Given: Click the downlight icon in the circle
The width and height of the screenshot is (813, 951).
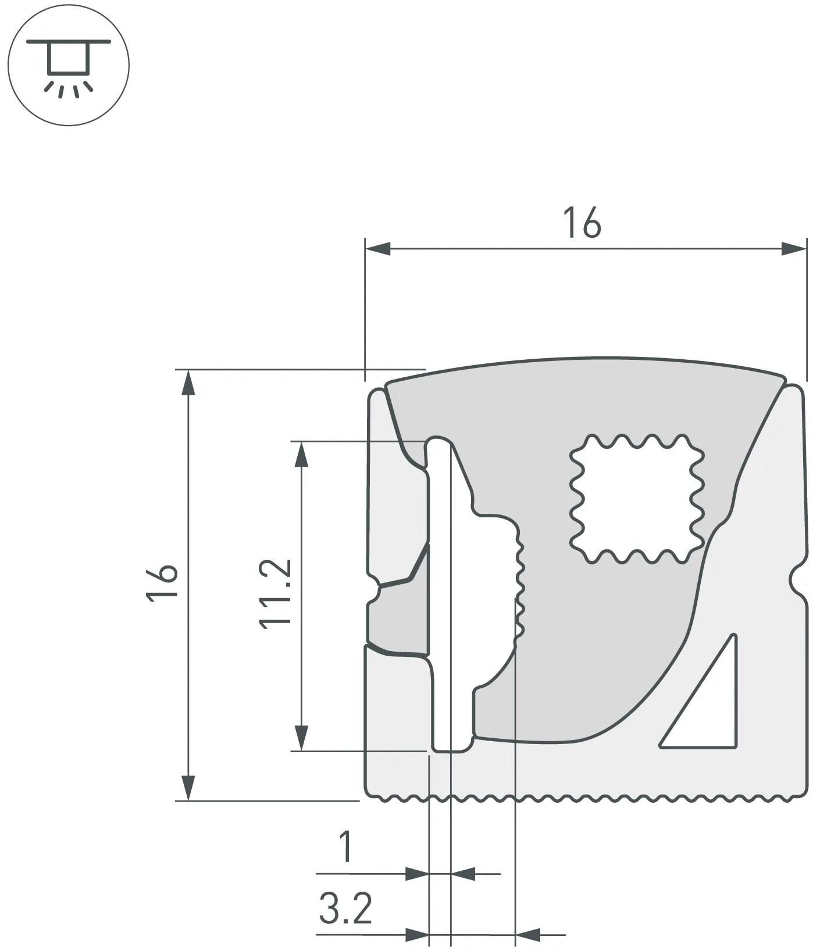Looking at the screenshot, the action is coord(68,65).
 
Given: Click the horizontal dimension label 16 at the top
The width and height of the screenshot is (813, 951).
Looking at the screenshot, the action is coord(582,222).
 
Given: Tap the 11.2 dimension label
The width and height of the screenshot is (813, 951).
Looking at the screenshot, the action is coord(275,594).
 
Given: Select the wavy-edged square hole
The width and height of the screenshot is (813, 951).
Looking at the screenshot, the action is coord(637,499).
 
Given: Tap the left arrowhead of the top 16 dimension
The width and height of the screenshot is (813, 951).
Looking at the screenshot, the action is coord(377,249).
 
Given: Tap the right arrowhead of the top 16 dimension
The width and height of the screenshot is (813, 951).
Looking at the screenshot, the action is coord(794,249).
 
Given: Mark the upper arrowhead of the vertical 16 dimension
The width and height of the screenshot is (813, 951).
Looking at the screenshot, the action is coord(187,382).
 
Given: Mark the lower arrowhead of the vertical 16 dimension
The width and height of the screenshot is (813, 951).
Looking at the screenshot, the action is coord(187,788).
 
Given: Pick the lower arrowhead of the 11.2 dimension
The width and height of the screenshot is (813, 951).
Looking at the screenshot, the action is coord(301,738).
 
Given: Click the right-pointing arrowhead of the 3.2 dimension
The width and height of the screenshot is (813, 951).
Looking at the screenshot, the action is coord(416,935).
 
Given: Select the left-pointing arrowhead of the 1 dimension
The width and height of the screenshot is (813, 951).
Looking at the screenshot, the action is coord(463,873).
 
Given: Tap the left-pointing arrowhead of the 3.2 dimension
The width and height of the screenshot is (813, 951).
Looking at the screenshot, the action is coord(528,935).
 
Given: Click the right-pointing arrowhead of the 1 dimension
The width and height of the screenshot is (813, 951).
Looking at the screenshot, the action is coord(416,873).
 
